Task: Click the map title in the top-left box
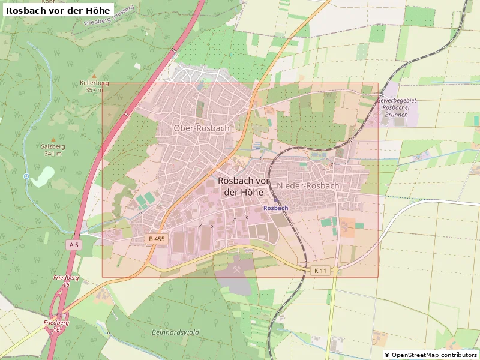point(58,10)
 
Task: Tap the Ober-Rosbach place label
point(201,128)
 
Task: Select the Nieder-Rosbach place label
point(308,186)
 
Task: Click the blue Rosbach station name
point(276,208)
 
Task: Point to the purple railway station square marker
point(276,200)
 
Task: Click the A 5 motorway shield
point(73,245)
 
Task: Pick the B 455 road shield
point(157,239)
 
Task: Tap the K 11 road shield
point(320,271)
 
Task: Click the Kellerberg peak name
point(94,83)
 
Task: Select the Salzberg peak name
point(53,146)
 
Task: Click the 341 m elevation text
point(53,154)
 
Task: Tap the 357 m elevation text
point(94,90)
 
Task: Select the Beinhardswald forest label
point(175,332)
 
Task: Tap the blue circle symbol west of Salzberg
point(26,176)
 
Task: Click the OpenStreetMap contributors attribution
point(430,355)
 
